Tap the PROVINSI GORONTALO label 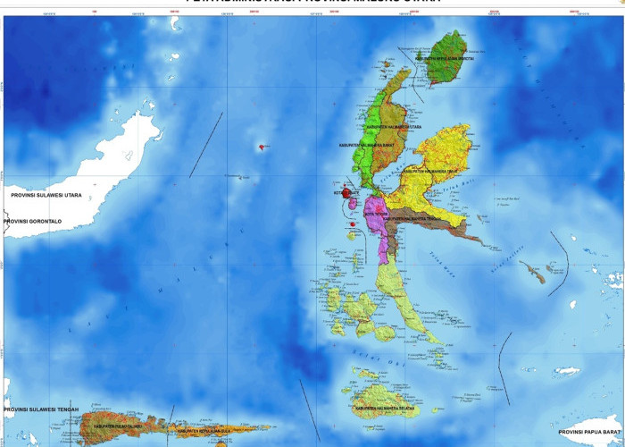pyautogui.click(x=41, y=221)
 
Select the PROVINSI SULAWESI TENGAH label pyautogui.click(x=42, y=409)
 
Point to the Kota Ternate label pyautogui.click(x=346, y=191)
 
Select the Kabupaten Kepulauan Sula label pyautogui.click(x=204, y=432)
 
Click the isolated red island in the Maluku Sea pyautogui.click(x=262, y=147)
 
